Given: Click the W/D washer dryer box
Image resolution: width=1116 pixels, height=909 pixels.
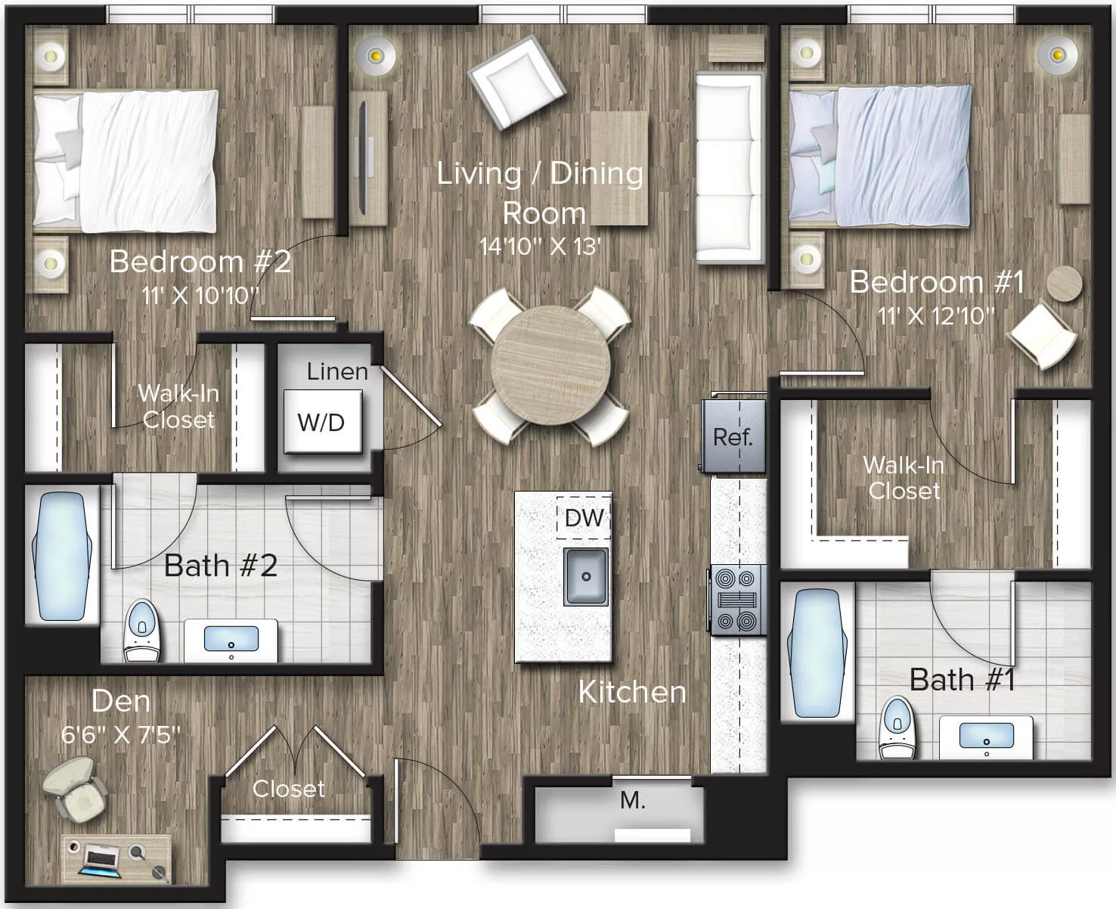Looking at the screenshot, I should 322,422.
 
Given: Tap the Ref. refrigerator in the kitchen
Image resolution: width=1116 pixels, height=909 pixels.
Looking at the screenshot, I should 733,436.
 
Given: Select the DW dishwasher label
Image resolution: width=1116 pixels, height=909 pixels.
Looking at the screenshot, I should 584,518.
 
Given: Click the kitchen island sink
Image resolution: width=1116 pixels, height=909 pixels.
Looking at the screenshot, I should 585,576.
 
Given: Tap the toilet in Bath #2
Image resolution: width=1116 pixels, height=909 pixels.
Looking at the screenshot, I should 141,630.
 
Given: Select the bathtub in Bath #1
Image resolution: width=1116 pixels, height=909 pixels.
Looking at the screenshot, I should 817,653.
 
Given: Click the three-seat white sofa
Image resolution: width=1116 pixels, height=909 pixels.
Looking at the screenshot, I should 729,168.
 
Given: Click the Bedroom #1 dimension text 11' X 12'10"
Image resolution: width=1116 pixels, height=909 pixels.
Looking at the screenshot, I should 935,315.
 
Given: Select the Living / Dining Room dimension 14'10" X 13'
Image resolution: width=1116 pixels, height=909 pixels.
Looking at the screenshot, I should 540,247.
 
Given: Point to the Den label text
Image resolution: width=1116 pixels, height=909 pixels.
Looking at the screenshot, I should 121,701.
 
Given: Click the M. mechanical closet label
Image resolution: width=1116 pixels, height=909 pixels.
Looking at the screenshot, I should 632,800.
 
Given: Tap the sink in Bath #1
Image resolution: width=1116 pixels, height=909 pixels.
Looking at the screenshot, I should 986,736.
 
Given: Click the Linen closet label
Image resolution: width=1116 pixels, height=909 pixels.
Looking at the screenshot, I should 337,371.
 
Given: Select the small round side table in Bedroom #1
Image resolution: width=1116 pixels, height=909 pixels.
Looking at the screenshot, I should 1064,284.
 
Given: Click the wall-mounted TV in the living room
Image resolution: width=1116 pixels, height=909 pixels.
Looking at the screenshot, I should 363,157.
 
